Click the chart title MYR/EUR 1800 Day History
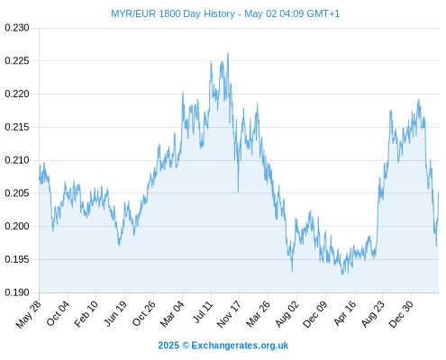(173, 13)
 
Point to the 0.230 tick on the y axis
(17, 28)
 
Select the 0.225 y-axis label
(17, 61)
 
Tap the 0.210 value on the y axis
(17, 160)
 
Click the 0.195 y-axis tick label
(17, 259)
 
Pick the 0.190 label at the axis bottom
(17, 292)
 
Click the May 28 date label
(29, 314)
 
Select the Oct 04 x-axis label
(58, 313)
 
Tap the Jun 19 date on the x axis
(114, 313)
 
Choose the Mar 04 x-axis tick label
(172, 314)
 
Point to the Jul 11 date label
(203, 311)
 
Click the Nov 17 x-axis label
(229, 314)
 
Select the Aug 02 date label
(287, 314)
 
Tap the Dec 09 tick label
(314, 314)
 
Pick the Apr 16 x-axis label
(345, 313)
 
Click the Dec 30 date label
(401, 314)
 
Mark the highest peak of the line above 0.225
(228, 53)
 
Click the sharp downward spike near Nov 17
(238, 192)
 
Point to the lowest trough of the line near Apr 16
(342, 274)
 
